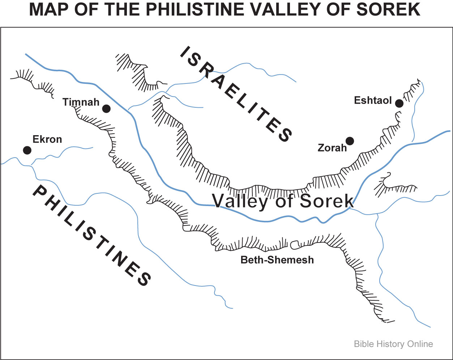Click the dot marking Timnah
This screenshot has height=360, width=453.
tap(106, 108)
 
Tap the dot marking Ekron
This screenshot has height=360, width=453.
tap(27, 150)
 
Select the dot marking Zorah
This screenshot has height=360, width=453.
tap(350, 141)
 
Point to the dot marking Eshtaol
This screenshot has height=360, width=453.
tap(399, 103)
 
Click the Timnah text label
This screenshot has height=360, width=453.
tap(81, 102)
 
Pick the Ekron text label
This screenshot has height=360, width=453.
tap(47, 139)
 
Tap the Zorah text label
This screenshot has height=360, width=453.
tap(332, 148)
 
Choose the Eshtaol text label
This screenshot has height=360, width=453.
tap(373, 100)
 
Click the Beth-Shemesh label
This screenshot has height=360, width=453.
tap(277, 260)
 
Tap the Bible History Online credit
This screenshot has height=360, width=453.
tap(393, 344)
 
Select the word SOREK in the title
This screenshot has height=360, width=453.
tap(389, 10)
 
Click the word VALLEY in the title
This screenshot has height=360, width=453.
tap(294, 10)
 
